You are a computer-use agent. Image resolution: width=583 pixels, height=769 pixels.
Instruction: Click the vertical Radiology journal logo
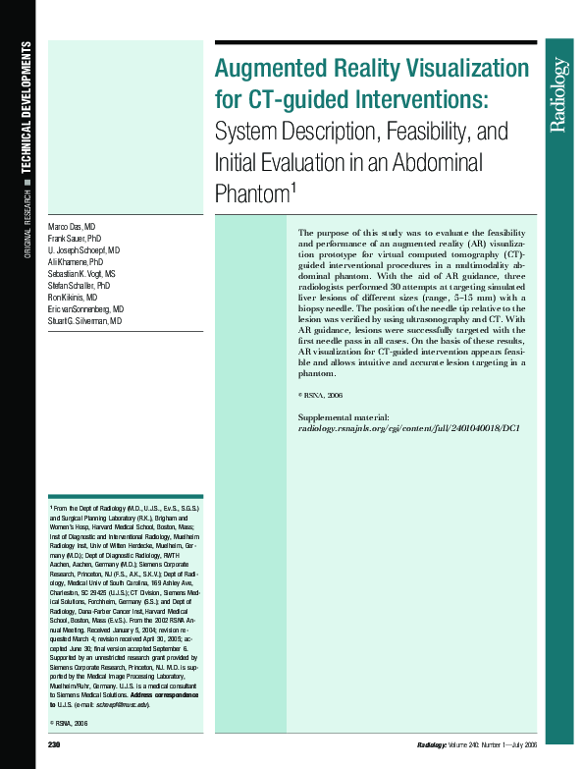[558, 95]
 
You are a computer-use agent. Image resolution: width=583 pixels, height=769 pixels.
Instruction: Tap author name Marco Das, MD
[72, 226]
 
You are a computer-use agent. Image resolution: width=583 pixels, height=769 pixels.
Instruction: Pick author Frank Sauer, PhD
[75, 239]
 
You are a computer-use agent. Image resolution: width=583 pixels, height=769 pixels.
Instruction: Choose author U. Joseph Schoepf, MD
[84, 250]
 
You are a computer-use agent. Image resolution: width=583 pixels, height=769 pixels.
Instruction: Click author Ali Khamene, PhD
[75, 262]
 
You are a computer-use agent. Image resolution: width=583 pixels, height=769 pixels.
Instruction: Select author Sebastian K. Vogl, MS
[81, 274]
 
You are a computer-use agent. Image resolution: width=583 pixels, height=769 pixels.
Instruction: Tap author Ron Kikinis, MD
[73, 298]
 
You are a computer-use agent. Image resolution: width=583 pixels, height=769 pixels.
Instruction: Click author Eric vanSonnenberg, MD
[85, 309]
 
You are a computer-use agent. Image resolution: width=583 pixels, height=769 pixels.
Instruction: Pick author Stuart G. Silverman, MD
[84, 321]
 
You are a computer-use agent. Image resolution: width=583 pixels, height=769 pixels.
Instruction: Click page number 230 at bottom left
[55, 746]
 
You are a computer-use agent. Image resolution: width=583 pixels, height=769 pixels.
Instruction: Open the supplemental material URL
[408, 429]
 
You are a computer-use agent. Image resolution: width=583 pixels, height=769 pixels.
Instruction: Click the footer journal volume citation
[476, 746]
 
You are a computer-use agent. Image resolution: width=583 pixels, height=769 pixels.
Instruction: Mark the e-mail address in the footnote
[123, 704]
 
